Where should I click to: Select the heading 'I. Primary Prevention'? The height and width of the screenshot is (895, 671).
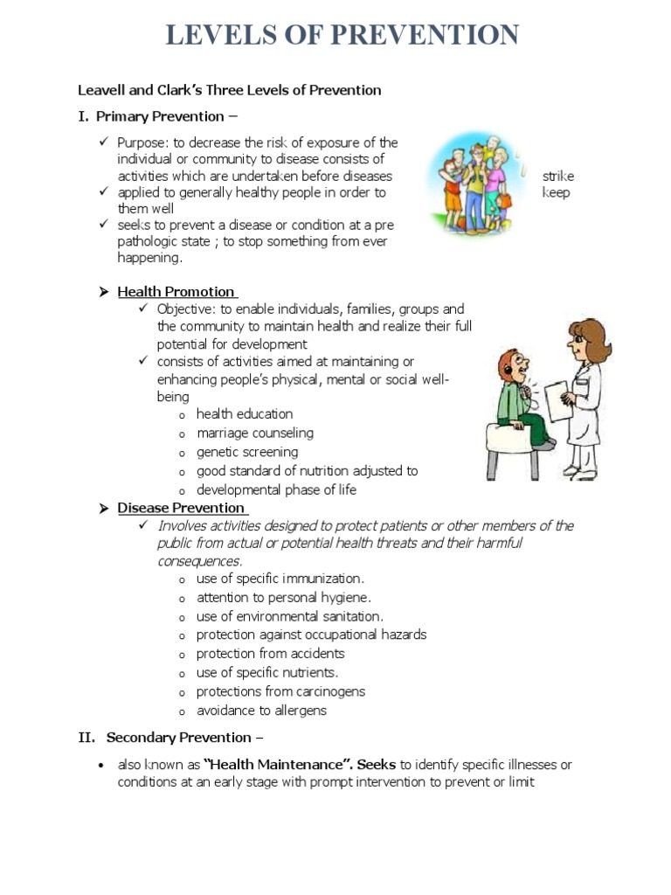pos(157,116)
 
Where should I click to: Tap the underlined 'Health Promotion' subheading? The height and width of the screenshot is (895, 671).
pos(176,291)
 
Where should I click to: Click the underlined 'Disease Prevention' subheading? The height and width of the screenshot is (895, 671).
pos(182,508)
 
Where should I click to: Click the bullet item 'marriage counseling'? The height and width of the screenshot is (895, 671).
pos(254,433)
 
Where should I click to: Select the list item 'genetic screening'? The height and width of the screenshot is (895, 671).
pos(246,452)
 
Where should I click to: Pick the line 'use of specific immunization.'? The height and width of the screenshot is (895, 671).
pos(280,579)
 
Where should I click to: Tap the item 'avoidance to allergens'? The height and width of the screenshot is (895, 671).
pos(261,711)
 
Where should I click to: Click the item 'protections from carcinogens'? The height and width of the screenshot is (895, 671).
pos(280,691)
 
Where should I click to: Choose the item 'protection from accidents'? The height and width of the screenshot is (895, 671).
pos(270,654)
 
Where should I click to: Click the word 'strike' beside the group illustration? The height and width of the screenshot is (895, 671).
pos(557,176)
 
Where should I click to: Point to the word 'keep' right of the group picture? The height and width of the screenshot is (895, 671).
pos(556,192)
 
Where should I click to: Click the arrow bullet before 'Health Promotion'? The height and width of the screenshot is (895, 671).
pos(103,292)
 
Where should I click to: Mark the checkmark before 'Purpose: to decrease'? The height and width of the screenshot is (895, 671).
pos(102,142)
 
